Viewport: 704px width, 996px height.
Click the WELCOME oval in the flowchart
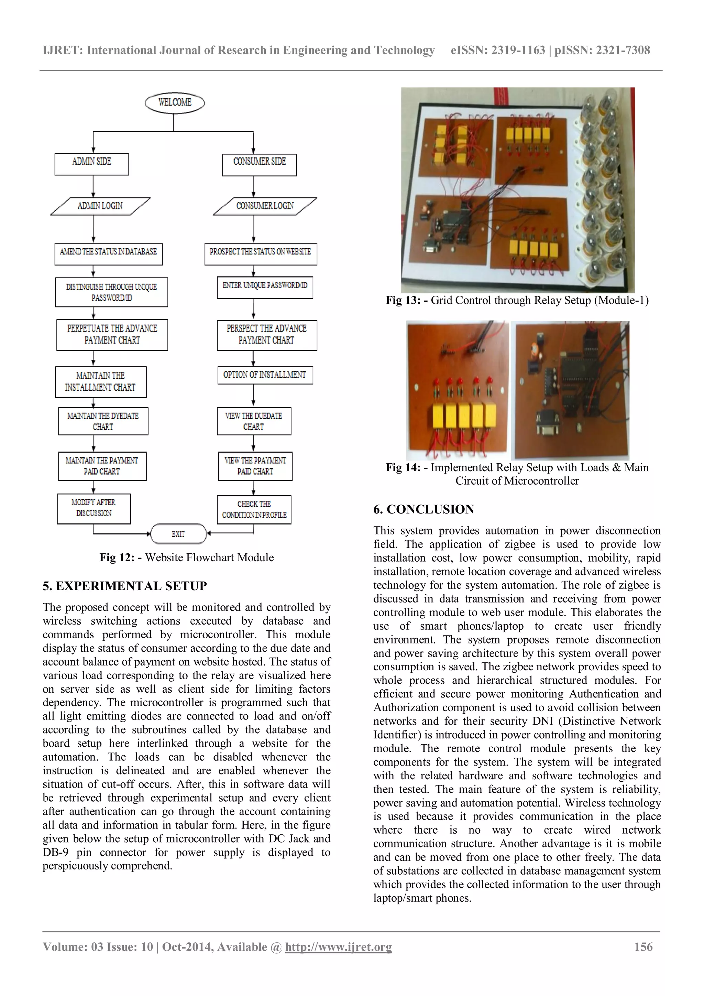coord(174,103)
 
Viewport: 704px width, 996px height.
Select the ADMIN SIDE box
coord(91,164)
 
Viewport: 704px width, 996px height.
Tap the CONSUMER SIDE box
coord(259,164)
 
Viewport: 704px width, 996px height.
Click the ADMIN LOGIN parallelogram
coord(100,206)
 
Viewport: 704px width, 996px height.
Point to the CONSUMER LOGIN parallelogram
coord(265,206)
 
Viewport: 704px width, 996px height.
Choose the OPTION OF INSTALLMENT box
coord(265,375)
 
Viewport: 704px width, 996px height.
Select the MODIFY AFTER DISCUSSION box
coord(93,508)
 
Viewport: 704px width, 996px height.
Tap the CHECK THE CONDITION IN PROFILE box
coord(254,510)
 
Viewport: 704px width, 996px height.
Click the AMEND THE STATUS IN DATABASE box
coord(108,254)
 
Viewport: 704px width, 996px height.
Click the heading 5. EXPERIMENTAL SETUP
coord(125,586)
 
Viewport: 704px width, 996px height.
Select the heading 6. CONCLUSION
coord(423,509)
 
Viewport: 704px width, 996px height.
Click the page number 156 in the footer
coord(643,946)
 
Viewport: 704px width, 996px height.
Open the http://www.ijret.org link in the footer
coord(338,946)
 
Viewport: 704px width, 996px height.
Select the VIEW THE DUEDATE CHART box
coord(254,421)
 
